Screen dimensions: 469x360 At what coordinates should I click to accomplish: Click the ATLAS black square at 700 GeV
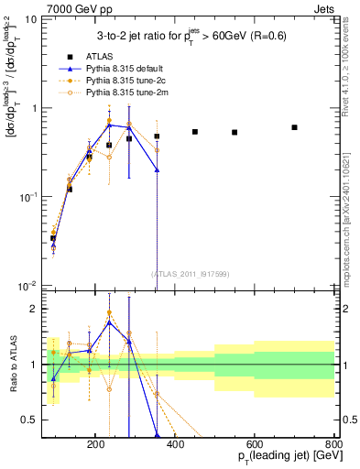(x=294, y=127)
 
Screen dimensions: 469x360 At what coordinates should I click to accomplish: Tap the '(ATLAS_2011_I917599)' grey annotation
(x=191, y=274)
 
